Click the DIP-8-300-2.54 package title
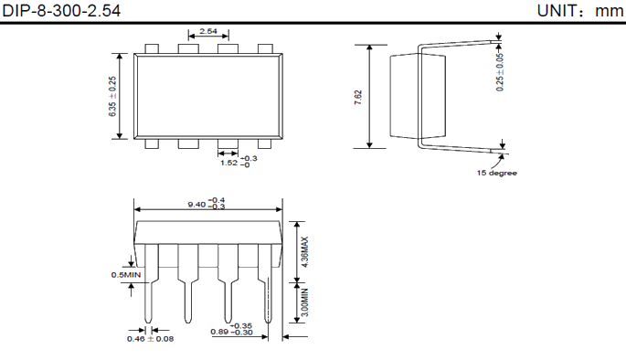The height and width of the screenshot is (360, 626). (61, 11)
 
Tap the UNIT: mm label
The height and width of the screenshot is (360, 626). (580, 11)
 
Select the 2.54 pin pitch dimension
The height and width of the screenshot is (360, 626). (208, 31)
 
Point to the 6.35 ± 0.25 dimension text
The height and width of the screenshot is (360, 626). (112, 96)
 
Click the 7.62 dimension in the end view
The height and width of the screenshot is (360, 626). (358, 97)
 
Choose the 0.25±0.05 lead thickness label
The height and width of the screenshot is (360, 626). (500, 72)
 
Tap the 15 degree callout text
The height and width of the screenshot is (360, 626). (496, 173)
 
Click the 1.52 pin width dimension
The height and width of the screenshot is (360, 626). (228, 163)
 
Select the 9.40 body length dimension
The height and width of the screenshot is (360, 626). (196, 205)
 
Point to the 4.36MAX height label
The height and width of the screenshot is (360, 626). (304, 252)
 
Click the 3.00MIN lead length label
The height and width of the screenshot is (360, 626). (304, 302)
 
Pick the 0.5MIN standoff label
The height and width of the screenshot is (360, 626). (126, 275)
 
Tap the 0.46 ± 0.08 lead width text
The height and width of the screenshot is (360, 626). (150, 339)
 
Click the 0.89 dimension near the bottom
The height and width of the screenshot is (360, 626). (219, 332)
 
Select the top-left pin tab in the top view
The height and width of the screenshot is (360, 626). (152, 48)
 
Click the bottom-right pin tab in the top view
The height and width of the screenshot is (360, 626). (265, 143)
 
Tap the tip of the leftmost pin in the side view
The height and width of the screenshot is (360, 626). (148, 323)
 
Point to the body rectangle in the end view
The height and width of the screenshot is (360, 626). (418, 97)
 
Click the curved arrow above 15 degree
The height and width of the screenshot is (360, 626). (497, 161)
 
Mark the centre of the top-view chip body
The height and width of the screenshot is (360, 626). (208, 96)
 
